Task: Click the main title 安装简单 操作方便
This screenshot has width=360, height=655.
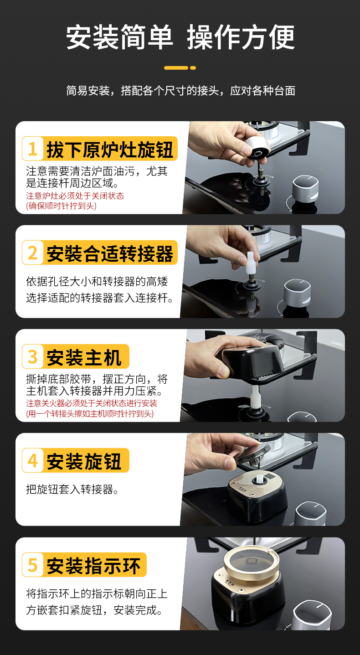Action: pyautogui.click(x=180, y=37)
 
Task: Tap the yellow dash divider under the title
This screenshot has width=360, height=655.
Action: pyautogui.click(x=180, y=68)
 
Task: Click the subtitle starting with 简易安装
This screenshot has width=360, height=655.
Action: pyautogui.click(x=180, y=91)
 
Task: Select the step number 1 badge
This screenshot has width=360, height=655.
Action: pyautogui.click(x=33, y=149)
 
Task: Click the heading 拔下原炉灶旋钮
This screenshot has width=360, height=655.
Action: pyautogui.click(x=110, y=150)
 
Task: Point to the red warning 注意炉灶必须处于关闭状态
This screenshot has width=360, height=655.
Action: pyautogui.click(x=75, y=196)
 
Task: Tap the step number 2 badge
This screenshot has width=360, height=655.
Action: pyautogui.click(x=33, y=253)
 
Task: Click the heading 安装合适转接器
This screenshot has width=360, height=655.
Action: pyautogui.click(x=110, y=253)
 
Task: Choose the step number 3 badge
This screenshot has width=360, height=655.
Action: pyautogui.click(x=33, y=356)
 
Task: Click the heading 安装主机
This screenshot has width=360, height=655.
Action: pyautogui.click(x=84, y=357)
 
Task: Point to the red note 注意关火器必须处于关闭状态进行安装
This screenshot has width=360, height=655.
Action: pyautogui.click(x=92, y=403)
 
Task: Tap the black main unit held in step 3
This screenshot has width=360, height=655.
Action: pyautogui.click(x=252, y=362)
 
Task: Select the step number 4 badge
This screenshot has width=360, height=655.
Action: pyautogui.click(x=33, y=460)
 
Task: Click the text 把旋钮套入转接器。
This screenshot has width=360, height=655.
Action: pyautogui.click(x=72, y=489)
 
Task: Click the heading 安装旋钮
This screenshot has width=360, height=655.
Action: pyautogui.click(x=84, y=461)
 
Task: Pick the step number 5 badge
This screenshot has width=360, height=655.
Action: pyautogui.click(x=33, y=565)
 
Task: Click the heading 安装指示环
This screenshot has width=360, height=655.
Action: pyautogui.click(x=93, y=566)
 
